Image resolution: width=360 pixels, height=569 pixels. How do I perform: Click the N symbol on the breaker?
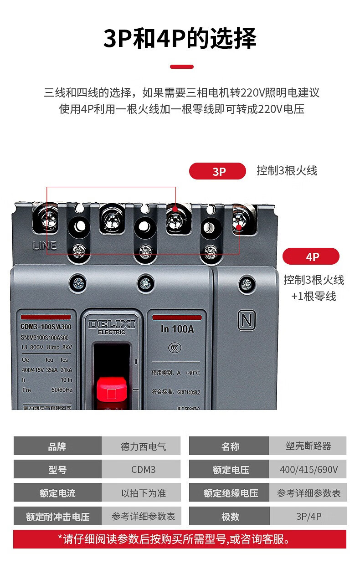[x=247, y=321]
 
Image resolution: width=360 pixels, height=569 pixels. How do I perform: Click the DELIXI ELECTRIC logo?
[x=112, y=326]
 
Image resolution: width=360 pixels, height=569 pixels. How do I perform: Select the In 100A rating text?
[x=177, y=329]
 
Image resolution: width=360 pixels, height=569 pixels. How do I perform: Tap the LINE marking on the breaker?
[x=45, y=246]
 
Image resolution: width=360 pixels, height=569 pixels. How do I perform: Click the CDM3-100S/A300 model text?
[x=46, y=326]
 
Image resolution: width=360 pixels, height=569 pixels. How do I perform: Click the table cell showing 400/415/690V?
[x=308, y=469]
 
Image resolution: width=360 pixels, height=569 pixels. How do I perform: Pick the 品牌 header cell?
[x=57, y=446]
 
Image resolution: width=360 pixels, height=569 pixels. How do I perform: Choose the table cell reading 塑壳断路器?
[x=308, y=446]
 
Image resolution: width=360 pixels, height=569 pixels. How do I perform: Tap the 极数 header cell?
[x=230, y=516]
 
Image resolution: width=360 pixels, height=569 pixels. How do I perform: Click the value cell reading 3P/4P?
[x=308, y=516]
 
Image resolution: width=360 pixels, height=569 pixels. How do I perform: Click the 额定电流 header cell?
[x=57, y=493]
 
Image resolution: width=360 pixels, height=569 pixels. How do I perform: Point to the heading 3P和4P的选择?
[x=180, y=38]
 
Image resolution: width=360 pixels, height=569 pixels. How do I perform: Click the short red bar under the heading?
[x=181, y=67]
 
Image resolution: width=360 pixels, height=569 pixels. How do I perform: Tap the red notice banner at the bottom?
[x=180, y=539]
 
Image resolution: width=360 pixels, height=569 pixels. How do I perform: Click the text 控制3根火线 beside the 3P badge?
[x=287, y=171]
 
